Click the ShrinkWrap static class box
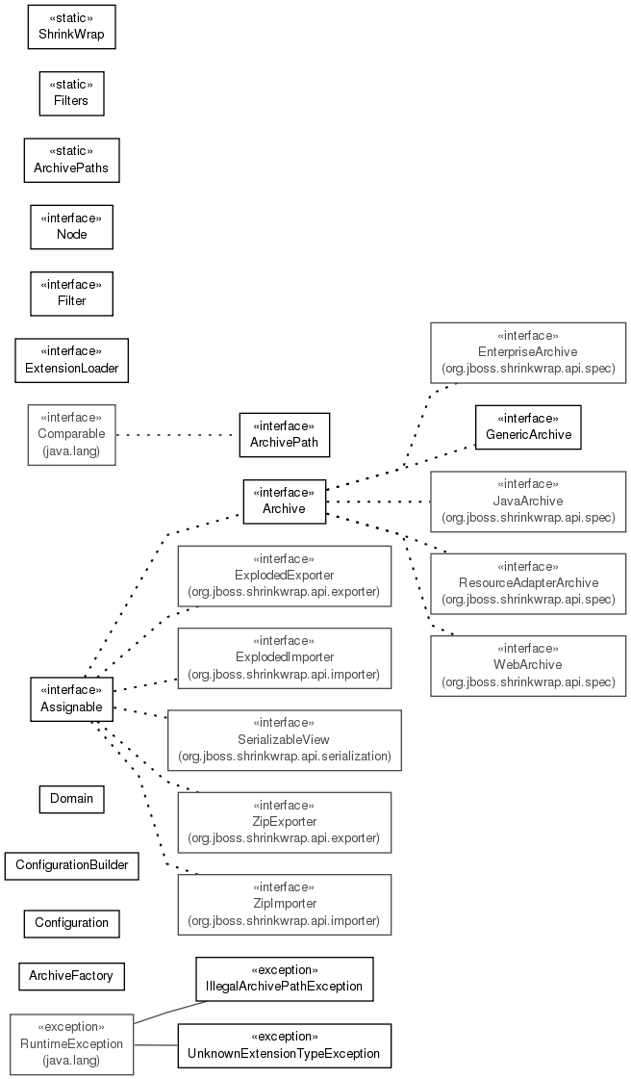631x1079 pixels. (71, 27)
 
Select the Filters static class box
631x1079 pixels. (71, 93)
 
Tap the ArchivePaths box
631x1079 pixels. (71, 161)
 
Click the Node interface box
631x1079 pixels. (71, 227)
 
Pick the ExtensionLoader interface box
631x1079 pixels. (71, 361)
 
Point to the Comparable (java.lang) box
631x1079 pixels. (71, 435)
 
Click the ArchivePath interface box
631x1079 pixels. (284, 435)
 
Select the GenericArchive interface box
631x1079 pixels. (528, 427)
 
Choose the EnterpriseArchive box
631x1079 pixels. (528, 352)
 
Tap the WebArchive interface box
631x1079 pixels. (528, 666)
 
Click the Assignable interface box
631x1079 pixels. (71, 699)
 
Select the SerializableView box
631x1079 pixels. (284, 740)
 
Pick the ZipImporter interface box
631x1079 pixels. (284, 905)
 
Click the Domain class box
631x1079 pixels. (71, 799)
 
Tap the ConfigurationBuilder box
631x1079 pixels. (71, 865)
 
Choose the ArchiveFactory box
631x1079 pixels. (71, 976)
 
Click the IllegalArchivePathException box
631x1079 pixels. (284, 979)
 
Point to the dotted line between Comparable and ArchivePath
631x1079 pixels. (177, 435)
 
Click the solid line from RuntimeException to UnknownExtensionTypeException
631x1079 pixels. (156, 1045)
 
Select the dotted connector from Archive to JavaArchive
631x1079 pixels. (378, 501)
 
